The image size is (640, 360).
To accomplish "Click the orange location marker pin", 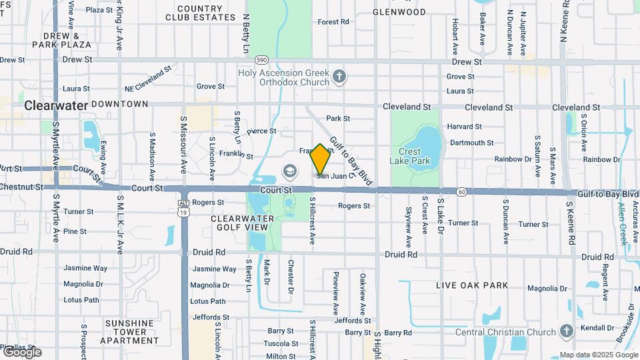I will pyautogui.click(x=321, y=159).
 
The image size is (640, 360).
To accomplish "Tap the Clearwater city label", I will pyautogui.click(x=56, y=105).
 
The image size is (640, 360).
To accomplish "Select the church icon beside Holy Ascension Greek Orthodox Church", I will pyautogui.click(x=340, y=76).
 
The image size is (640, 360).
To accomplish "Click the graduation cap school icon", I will pyautogui.click(x=289, y=172).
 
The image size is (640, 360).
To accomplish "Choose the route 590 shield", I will pyautogui.click(x=261, y=60).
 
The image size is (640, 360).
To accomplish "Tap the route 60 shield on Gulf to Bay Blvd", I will pyautogui.click(x=461, y=192).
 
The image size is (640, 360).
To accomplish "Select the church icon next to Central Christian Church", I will pyautogui.click(x=566, y=331).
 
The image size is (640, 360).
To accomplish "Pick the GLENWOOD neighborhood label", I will pyautogui.click(x=399, y=12).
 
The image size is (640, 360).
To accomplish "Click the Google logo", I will pyautogui.click(x=21, y=352).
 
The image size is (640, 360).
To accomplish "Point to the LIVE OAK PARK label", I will pyautogui.click(x=472, y=285).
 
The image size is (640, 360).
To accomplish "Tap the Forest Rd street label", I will pyautogui.click(x=333, y=22).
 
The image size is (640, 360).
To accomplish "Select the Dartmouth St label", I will pyautogui.click(x=471, y=143).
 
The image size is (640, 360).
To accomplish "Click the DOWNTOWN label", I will pyautogui.click(x=119, y=105).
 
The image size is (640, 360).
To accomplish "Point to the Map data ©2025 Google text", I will pyautogui.click(x=598, y=355).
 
